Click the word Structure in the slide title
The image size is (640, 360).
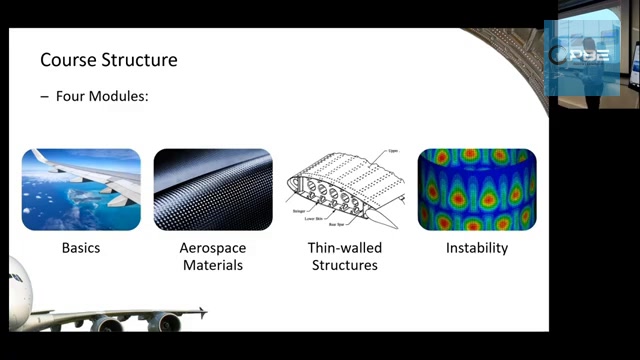pyautogui.click(x=139, y=60)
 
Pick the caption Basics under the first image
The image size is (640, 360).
pyautogui.click(x=81, y=248)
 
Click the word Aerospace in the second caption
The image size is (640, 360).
pyautogui.click(x=212, y=248)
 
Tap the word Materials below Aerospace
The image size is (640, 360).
pyautogui.click(x=212, y=265)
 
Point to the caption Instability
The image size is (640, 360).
pyautogui.click(x=477, y=248)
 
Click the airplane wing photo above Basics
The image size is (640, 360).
pyautogui.click(x=81, y=190)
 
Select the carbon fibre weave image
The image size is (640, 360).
pyautogui.click(x=212, y=190)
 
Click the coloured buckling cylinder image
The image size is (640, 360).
pyautogui.click(x=477, y=190)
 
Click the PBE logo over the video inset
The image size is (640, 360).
pyautogui.click(x=589, y=55)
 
